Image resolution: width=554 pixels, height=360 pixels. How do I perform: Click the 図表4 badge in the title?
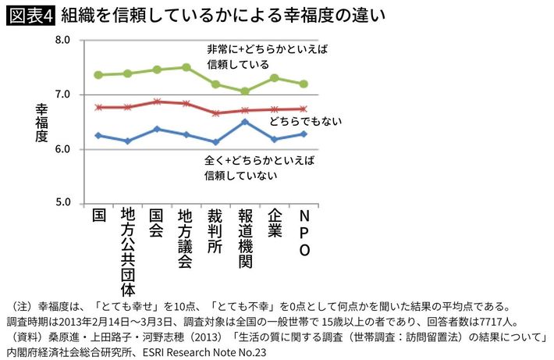point(29,14)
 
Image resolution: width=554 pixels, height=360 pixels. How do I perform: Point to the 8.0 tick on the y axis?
point(62,40)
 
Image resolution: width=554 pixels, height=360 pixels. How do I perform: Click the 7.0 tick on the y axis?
point(62,94)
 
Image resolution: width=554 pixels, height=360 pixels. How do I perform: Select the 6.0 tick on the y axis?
point(62,149)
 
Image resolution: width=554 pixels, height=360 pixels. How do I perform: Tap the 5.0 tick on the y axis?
point(62,203)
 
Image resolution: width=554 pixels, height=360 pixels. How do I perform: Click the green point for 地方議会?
point(186,67)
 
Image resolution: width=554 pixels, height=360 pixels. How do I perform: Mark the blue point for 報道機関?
point(244,122)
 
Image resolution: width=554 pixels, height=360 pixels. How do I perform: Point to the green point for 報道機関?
point(244,91)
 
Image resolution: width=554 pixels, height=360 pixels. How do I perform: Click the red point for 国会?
point(157,102)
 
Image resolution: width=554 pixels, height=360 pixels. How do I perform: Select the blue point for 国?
point(98,135)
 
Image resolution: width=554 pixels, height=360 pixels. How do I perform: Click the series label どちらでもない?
point(306,123)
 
